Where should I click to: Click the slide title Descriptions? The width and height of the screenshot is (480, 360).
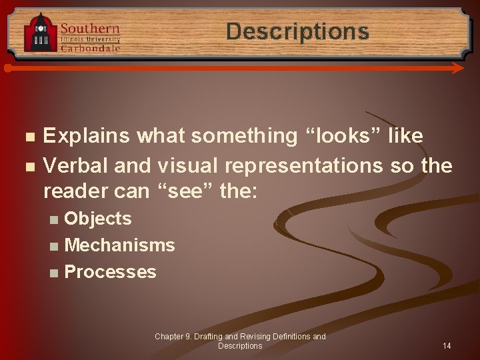(x=297, y=31)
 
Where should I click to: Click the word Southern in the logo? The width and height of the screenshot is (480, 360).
(x=90, y=28)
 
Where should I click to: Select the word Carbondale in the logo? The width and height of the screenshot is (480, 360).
(x=90, y=48)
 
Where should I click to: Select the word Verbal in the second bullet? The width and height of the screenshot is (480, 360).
(x=75, y=165)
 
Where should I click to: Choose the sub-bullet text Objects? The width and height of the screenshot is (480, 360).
(x=98, y=219)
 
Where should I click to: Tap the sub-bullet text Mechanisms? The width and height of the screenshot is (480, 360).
(x=119, y=245)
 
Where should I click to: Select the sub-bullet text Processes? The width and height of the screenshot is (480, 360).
(x=110, y=272)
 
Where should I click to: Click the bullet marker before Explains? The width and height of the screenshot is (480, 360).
(x=28, y=137)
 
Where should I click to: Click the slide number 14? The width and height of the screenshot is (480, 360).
(x=447, y=346)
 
